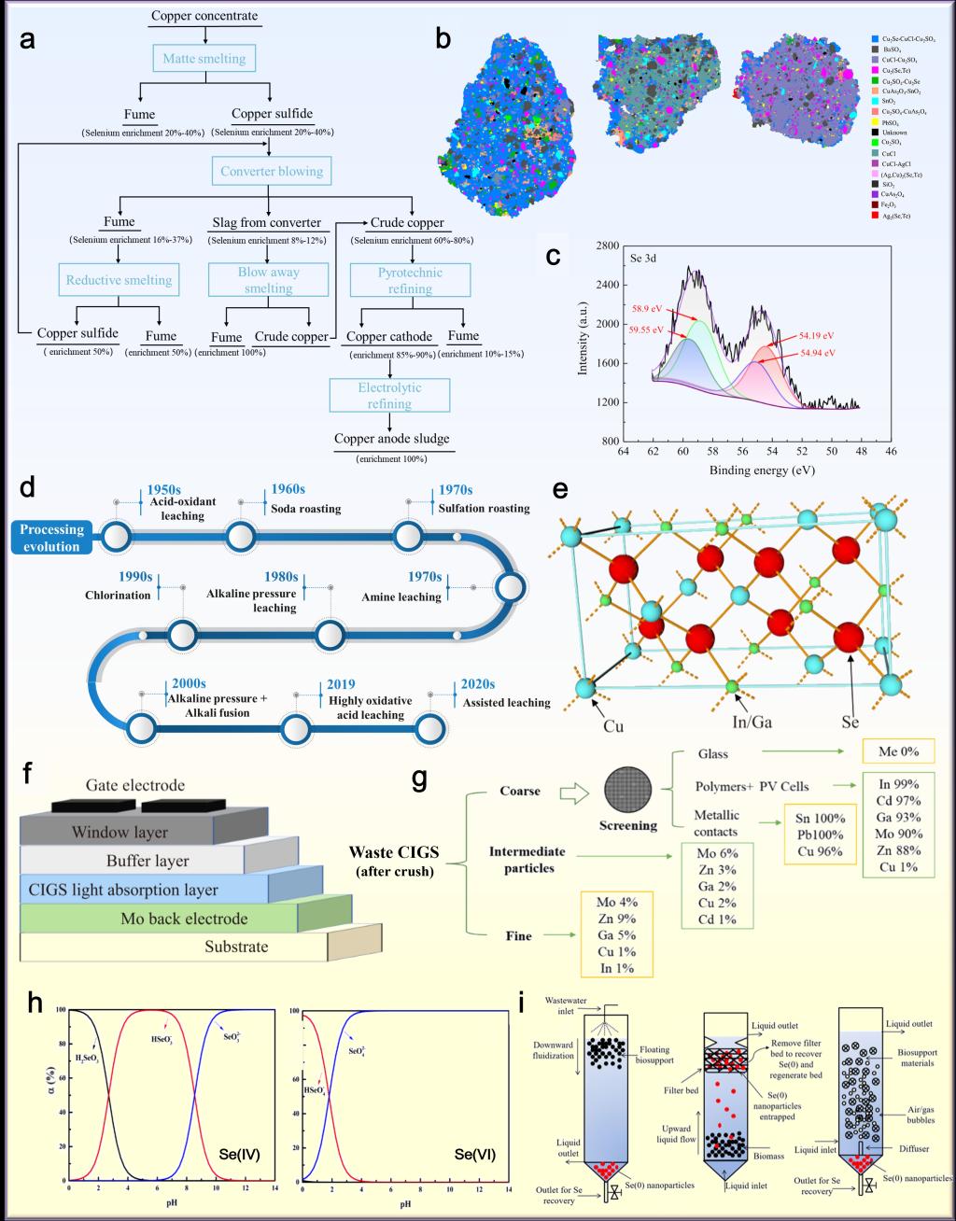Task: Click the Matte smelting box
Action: point(204,59)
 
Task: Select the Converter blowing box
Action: point(271,172)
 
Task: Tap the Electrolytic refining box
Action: point(389,396)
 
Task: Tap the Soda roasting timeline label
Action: point(305,509)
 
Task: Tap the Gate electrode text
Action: point(135,785)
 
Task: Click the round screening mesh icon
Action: point(626,791)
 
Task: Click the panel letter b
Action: point(443,39)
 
